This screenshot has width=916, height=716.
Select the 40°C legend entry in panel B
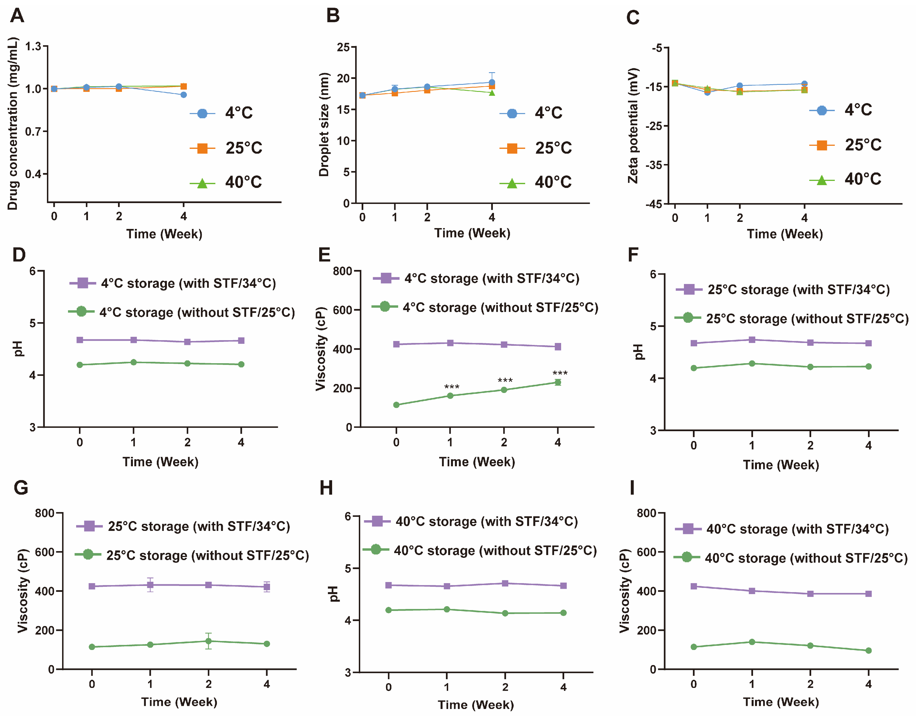[x=536, y=182]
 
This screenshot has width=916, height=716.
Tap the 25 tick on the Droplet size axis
[x=343, y=47]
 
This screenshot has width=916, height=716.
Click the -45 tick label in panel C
[x=654, y=204]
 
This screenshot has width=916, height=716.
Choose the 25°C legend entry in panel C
[x=845, y=145]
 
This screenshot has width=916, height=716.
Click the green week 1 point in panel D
[x=133, y=362]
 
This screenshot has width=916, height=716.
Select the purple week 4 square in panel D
[x=241, y=341]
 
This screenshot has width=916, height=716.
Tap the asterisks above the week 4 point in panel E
[x=560, y=373]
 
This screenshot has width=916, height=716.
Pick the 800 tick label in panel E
[x=342, y=271]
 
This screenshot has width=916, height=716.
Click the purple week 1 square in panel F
[x=752, y=340]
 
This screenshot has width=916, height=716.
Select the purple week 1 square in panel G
[x=150, y=585]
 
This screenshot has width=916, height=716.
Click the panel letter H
[x=326, y=488]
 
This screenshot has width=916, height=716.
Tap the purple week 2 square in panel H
[x=505, y=583]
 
